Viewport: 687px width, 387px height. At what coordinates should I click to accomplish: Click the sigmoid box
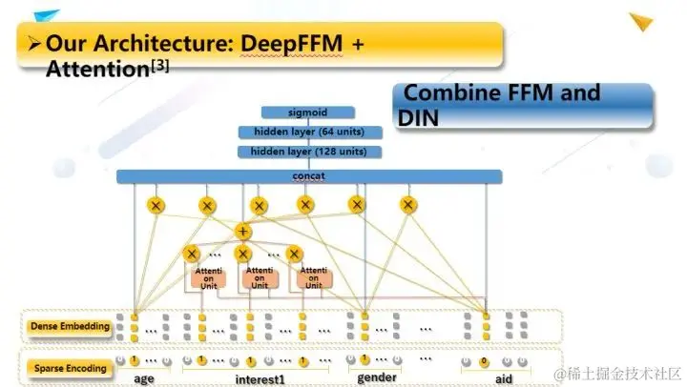click(x=308, y=112)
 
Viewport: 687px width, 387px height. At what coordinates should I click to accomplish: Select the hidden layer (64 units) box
click(x=309, y=132)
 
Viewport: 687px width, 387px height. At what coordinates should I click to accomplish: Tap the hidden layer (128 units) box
click(x=309, y=152)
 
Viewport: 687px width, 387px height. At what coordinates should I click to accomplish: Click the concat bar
click(x=309, y=176)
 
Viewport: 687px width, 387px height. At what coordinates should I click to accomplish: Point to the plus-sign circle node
click(x=243, y=231)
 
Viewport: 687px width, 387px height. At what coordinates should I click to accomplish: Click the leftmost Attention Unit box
click(x=209, y=276)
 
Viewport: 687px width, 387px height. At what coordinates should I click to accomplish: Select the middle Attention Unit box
click(x=260, y=276)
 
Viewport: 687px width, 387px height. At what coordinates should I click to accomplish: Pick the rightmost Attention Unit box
click(x=312, y=276)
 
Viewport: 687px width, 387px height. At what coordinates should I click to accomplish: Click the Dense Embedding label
click(x=69, y=326)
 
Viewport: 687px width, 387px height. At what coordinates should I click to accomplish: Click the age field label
click(x=145, y=377)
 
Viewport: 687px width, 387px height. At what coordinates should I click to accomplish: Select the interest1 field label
click(x=260, y=378)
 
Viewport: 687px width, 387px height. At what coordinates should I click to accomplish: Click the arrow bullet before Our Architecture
click(x=32, y=44)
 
